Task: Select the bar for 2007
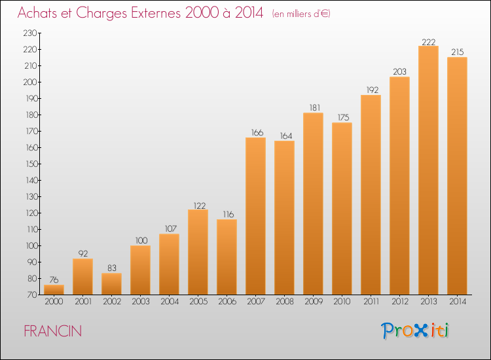255,216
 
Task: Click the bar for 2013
428,170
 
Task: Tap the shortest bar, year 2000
54,289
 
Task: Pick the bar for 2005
198,252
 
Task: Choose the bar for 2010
342,209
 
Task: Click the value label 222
429,42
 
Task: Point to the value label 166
257,133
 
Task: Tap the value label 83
112,268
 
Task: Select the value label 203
399,72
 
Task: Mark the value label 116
228,215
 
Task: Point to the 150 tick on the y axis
31,164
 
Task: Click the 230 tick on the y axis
30,33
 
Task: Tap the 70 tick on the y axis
32,295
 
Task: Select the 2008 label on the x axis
285,302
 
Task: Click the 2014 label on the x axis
458,302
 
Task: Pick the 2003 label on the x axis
141,302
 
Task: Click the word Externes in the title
156,12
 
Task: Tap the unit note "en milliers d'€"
301,14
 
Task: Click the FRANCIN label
52,331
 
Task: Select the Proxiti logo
415,331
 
